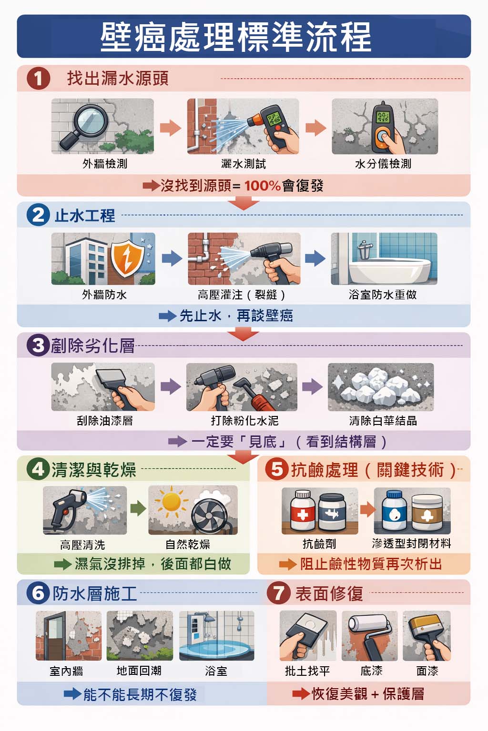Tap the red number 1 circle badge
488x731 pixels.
pyautogui.click(x=38, y=79)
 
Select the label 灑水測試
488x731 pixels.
pyautogui.click(x=244, y=164)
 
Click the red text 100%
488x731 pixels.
pyautogui.click(x=263, y=186)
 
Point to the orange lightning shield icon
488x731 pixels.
pyautogui.click(x=127, y=258)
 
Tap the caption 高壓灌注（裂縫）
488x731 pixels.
pyautogui.click(x=242, y=295)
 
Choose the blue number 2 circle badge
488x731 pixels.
pyautogui.click(x=38, y=215)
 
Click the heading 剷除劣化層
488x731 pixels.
pyautogui.click(x=93, y=346)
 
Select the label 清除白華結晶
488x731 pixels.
pyautogui.click(x=383, y=421)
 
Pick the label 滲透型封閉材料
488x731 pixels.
pyautogui.click(x=412, y=543)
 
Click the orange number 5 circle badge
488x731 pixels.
pyautogui.click(x=277, y=470)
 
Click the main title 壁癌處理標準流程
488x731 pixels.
pyautogui.click(x=236, y=37)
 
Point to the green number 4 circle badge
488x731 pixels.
pyautogui.click(x=38, y=470)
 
